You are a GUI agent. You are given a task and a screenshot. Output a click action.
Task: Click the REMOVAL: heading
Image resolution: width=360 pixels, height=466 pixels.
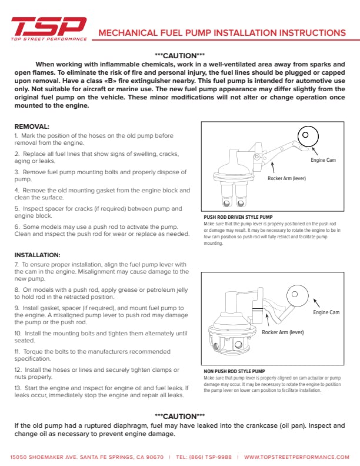point(32,127)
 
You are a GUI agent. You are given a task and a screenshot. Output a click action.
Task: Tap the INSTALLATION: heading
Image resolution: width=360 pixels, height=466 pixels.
point(38,255)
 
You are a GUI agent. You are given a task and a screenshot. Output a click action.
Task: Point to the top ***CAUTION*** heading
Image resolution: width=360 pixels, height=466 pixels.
point(179,56)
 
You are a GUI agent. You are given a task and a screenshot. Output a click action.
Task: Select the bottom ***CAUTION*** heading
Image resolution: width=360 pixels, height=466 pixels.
point(179,417)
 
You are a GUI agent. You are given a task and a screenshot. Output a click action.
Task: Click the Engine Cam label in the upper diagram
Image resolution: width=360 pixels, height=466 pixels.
point(323,160)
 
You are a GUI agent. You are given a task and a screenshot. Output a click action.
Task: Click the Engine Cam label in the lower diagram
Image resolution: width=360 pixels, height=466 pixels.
point(326,312)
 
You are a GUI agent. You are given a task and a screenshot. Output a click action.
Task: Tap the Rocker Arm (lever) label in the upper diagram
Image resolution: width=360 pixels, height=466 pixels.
point(286,178)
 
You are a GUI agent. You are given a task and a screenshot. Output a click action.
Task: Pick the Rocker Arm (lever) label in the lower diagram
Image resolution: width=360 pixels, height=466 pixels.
point(283,332)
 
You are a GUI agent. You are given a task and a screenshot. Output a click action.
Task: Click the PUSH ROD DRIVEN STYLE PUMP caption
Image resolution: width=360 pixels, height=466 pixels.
point(238,217)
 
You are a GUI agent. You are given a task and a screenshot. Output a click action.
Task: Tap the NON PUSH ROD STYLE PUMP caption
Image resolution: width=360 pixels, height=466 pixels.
point(234,371)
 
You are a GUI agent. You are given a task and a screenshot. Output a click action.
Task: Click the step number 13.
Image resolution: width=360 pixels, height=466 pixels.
point(18,388)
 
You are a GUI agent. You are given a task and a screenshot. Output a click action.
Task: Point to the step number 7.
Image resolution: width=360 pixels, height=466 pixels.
point(16,265)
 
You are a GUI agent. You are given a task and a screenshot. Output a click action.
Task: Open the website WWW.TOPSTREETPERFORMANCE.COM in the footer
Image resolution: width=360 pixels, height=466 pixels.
point(296,457)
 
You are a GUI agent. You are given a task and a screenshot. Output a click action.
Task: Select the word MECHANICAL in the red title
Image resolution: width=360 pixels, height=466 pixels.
point(128,33)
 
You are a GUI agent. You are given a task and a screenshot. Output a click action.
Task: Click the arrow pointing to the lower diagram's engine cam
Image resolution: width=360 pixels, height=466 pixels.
point(316,303)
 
